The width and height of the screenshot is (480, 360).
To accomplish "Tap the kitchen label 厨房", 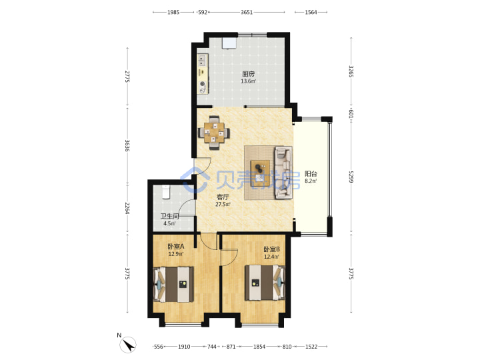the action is pyautogui.click(x=248, y=74).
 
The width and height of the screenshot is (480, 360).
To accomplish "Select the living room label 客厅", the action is pyautogui.click(x=223, y=197).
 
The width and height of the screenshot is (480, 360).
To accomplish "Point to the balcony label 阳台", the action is pyautogui.click(x=311, y=174).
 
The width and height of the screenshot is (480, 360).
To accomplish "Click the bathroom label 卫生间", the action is pyautogui.click(x=169, y=216).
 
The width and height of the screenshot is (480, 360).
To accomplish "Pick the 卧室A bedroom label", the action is pyautogui.click(x=176, y=247).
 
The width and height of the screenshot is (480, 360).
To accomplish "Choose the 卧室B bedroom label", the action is pyautogui.click(x=271, y=249).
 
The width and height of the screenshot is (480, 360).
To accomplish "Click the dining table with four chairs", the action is pyautogui.click(x=214, y=133).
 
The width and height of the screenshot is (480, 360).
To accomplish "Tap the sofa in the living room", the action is pyautogui.click(x=284, y=173).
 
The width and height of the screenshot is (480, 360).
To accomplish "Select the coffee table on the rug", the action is pyautogui.click(x=260, y=173).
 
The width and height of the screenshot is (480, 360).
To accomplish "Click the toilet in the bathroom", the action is pyautogui.click(x=165, y=191).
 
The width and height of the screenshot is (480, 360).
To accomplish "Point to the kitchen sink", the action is pyautogui.click(x=202, y=60).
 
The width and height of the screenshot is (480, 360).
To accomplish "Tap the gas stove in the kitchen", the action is pyautogui.click(x=203, y=87).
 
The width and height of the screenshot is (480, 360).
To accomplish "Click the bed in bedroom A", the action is pyautogui.click(x=173, y=285).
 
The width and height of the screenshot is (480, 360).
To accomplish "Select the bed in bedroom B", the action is pyautogui.click(x=265, y=283).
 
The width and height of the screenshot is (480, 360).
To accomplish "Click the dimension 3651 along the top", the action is pyautogui.click(x=247, y=12).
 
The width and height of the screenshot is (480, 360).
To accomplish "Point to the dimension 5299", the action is pyautogui.click(x=351, y=177).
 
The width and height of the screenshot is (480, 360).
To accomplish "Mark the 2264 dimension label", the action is pyautogui.click(x=127, y=208).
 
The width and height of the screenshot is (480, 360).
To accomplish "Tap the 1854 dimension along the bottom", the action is pyautogui.click(x=259, y=347).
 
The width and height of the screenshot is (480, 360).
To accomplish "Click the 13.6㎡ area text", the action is pyautogui.click(x=248, y=81).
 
